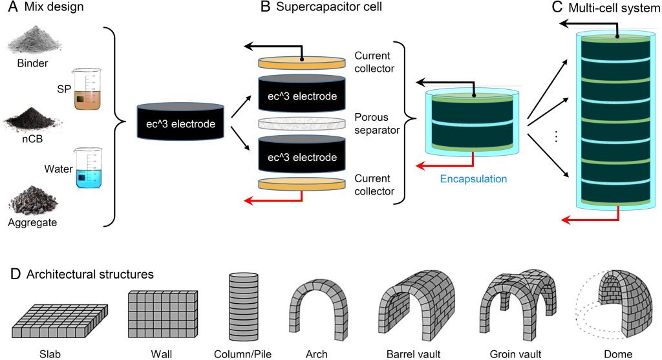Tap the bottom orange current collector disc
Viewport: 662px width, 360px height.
301,184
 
